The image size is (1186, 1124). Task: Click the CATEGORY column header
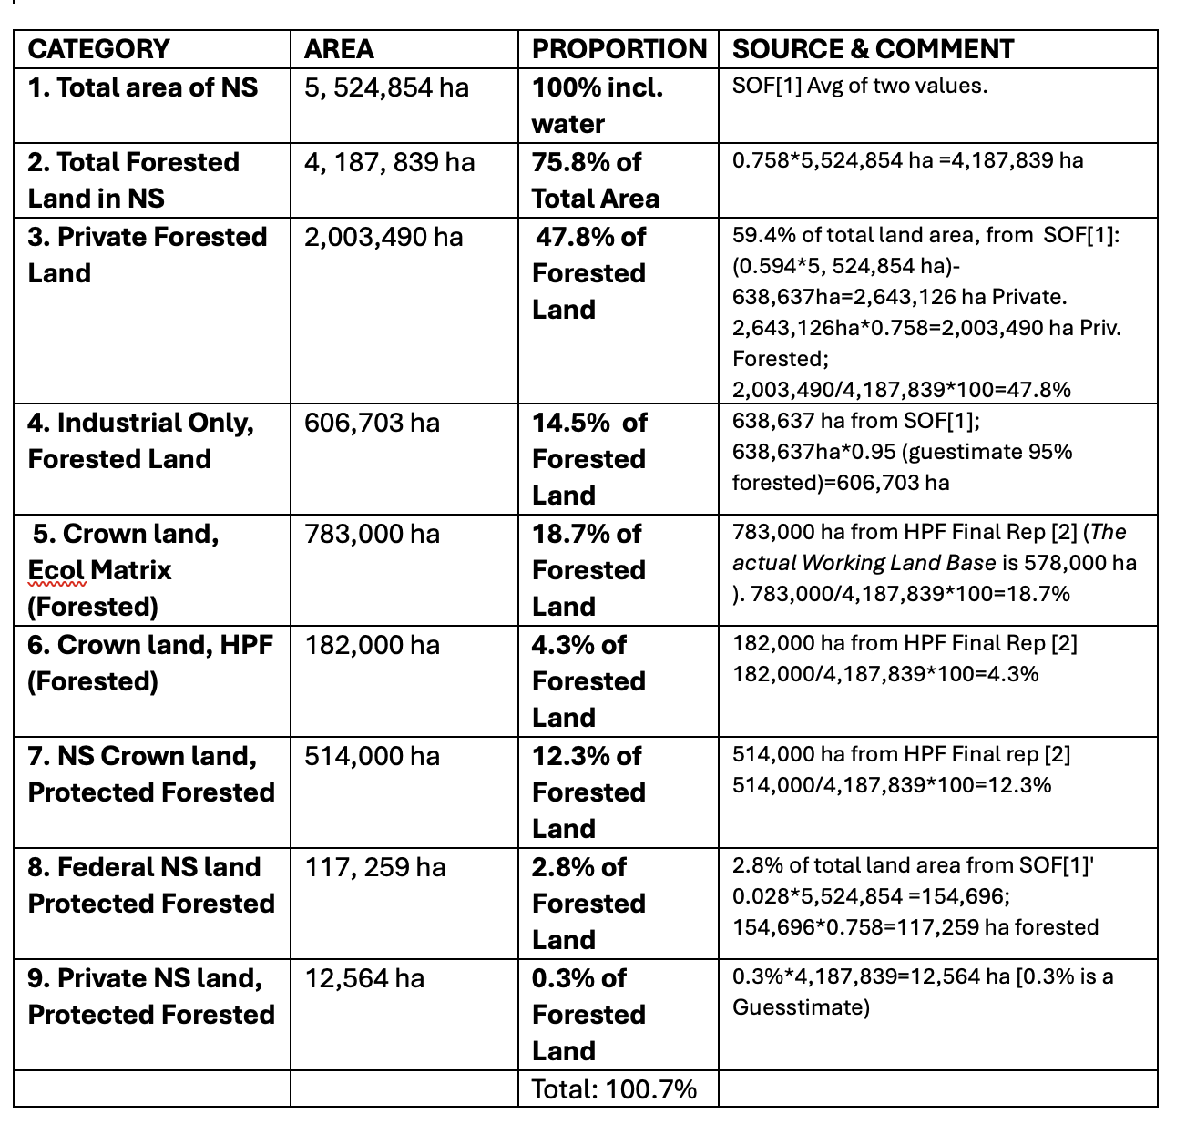98,49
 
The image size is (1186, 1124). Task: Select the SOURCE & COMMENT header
873,49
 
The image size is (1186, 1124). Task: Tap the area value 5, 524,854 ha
387,88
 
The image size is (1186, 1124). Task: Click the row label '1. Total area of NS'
143,88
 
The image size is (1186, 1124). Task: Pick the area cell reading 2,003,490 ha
383,238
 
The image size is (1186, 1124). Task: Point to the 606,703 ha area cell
372,424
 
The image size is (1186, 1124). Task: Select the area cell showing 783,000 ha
372,535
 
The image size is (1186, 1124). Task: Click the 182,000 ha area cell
372,646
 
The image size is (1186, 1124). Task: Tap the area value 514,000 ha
372,757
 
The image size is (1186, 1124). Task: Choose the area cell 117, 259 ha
375,868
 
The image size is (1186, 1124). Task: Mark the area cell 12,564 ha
364,979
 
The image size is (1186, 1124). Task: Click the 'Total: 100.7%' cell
614,1089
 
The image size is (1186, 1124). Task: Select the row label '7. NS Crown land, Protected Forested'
151,774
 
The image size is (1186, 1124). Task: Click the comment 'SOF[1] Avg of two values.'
860,87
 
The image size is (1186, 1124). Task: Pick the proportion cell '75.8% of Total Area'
595,180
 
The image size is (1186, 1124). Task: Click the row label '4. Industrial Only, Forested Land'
141,441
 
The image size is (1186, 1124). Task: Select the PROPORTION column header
619,49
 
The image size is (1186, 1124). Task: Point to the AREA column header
339,49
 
